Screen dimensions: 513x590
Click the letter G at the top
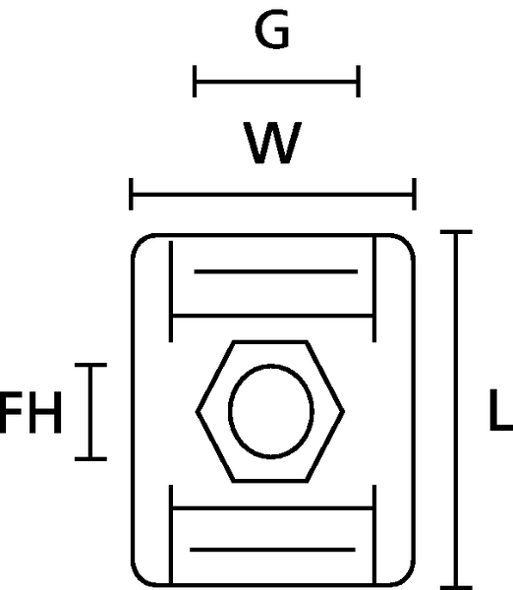(272, 29)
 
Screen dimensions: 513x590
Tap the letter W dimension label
(272, 143)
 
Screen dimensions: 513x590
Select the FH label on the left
(30, 412)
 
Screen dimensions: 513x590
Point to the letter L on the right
(501, 410)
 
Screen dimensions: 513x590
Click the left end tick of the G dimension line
(195, 82)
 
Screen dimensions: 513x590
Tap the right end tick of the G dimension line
(359, 82)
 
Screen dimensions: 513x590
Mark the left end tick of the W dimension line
(131, 194)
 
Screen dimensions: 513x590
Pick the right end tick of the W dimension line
(414, 194)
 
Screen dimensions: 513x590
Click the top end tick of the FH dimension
(90, 365)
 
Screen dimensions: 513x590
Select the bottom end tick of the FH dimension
(90, 459)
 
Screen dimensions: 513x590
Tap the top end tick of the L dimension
(456, 232)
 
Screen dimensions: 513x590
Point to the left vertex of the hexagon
(197, 412)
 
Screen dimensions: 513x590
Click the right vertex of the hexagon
(343, 412)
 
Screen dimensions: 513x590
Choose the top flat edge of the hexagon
(270, 342)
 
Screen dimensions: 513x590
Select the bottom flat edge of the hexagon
(270, 481)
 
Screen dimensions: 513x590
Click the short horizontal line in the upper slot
(276, 271)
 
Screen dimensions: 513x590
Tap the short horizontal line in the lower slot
(272, 550)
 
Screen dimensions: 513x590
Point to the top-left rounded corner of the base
(139, 241)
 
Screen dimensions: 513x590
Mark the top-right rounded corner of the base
(408, 241)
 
